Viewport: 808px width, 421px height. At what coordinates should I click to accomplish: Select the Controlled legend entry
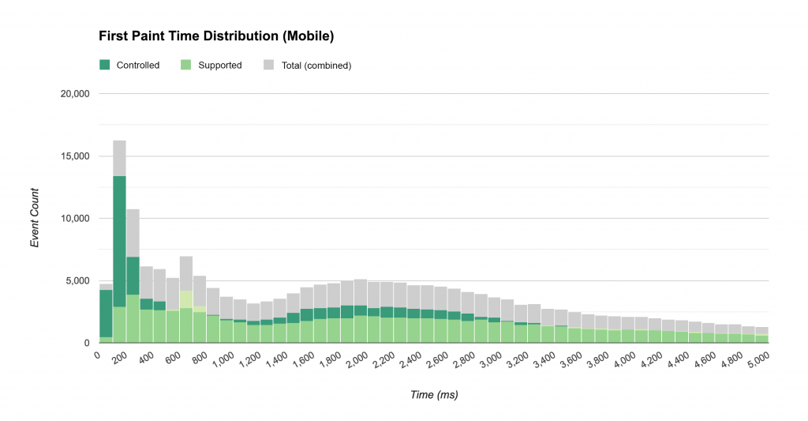(x=137, y=66)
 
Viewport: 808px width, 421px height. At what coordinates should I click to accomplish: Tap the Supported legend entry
(x=219, y=66)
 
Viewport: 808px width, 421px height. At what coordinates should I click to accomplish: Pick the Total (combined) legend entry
(x=316, y=66)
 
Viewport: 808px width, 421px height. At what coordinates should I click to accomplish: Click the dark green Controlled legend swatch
(x=105, y=65)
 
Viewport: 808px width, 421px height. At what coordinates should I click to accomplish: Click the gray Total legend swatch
(x=268, y=65)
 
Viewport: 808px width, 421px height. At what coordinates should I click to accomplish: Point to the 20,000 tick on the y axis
(x=75, y=94)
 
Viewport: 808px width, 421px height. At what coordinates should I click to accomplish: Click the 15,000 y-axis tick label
(x=75, y=156)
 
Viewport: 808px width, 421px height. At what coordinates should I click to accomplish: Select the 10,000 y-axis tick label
(x=75, y=219)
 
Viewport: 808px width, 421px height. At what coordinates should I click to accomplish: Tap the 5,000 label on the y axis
(x=78, y=281)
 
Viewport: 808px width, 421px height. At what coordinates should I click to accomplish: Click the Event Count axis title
(x=35, y=218)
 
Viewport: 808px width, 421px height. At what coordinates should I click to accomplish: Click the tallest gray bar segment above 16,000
(x=119, y=158)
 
